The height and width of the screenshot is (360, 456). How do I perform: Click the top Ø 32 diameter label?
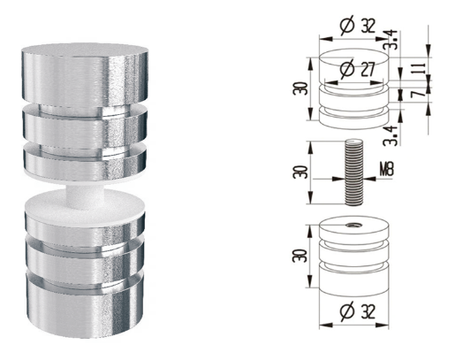[x=358, y=26]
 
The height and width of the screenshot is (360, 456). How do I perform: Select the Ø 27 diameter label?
[x=357, y=69]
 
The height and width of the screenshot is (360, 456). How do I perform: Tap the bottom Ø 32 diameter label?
[x=357, y=311]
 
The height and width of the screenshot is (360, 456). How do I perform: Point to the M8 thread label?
[x=386, y=169]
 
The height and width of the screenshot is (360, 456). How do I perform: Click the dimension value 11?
[x=421, y=69]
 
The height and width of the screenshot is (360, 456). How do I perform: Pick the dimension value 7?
[x=421, y=93]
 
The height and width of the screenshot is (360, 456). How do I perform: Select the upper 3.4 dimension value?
[x=392, y=40]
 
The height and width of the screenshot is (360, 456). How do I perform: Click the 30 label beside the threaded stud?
[x=300, y=172]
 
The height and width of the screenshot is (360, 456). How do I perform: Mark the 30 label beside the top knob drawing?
[x=300, y=88]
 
